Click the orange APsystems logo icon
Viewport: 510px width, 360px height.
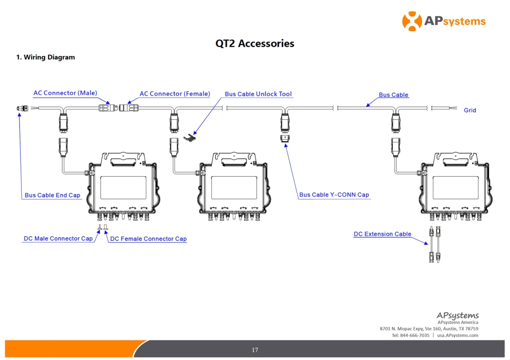412,21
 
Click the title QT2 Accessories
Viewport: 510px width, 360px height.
255,44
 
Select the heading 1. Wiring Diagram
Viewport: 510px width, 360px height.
46,57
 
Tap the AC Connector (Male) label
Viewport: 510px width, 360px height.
65,93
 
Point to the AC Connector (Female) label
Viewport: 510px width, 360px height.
175,94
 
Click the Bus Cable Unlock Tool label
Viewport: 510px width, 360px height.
258,94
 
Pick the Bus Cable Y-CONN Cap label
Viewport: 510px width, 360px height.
334,195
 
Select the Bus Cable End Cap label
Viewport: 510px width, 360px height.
52,195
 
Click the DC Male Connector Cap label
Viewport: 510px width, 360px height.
58,238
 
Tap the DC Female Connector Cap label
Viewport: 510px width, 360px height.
149,239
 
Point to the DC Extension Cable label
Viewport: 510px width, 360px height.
382,234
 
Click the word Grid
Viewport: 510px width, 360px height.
470,110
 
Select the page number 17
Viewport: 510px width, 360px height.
255,350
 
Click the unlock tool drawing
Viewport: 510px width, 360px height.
190,138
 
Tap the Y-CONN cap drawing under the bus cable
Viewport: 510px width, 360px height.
285,139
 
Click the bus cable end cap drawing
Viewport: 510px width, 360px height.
23,108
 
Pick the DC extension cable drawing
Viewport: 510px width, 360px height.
435,245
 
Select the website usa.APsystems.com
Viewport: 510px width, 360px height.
458,335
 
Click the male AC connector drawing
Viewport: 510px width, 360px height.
108,107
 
